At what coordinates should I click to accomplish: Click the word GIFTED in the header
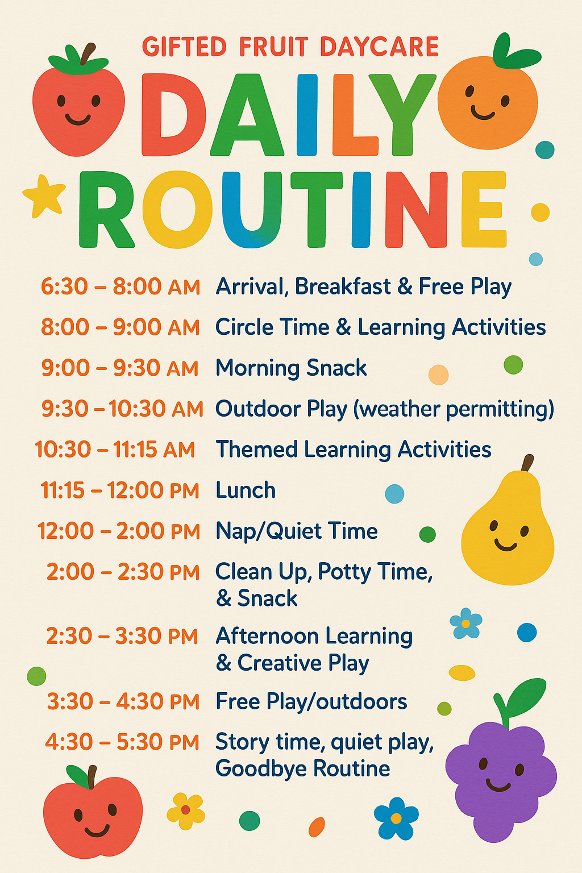pyautogui.click(x=184, y=47)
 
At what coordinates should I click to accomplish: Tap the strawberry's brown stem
pyautogui.click(x=88, y=54)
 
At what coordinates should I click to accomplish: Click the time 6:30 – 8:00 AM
pyautogui.click(x=120, y=287)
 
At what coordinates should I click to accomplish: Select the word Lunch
pyautogui.click(x=246, y=490)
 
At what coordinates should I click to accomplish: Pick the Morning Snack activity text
pyautogui.click(x=291, y=368)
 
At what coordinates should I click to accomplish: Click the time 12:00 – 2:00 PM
pyautogui.click(x=119, y=531)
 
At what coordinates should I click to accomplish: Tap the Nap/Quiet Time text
pyautogui.click(x=297, y=531)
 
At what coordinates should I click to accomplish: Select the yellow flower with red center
pyautogui.click(x=185, y=811)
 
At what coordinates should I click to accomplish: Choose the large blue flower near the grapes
pyautogui.click(x=396, y=818)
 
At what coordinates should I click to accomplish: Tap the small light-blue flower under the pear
pyautogui.click(x=466, y=623)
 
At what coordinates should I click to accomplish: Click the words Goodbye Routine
pyautogui.click(x=302, y=768)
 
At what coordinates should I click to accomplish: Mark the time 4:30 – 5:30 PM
pyautogui.click(x=122, y=742)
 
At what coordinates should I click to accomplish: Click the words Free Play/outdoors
pyautogui.click(x=311, y=701)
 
